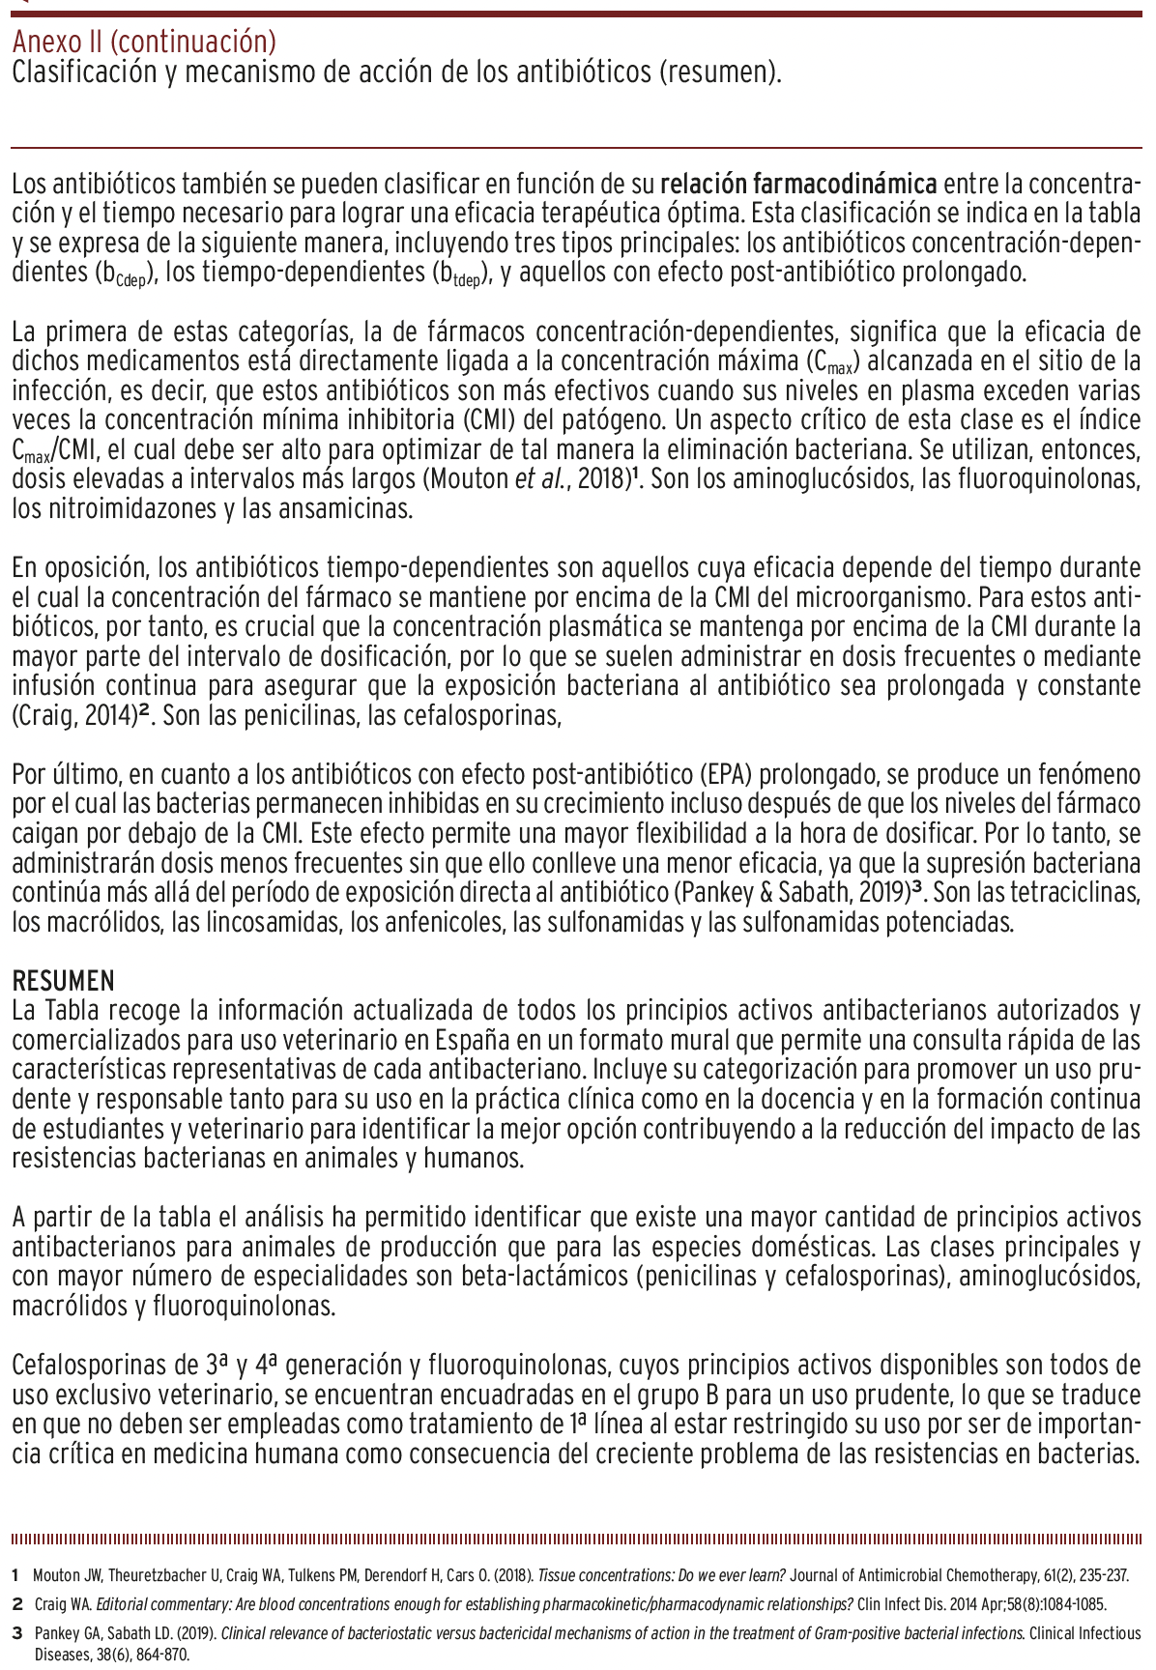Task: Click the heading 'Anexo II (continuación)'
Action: tap(144, 43)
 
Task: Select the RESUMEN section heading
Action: tap(63, 981)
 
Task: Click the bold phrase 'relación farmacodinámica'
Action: tap(798, 183)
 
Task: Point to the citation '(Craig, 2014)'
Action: tap(73, 717)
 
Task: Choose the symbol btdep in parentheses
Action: tap(459, 274)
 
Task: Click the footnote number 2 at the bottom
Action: tap(17, 1604)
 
